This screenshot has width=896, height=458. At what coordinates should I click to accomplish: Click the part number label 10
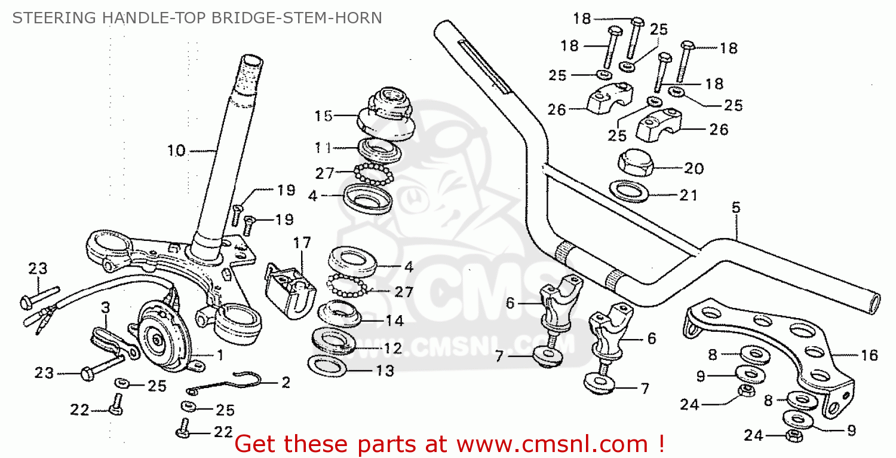pyautogui.click(x=176, y=151)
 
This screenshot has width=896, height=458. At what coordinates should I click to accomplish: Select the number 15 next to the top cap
pyautogui.click(x=323, y=116)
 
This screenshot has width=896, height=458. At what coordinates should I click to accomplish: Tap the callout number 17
pyautogui.click(x=302, y=243)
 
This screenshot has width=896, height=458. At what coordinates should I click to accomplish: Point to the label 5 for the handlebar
pyautogui.click(x=735, y=207)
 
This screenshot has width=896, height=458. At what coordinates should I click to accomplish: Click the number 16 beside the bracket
pyautogui.click(x=870, y=356)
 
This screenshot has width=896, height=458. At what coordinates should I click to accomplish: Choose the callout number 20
pyautogui.click(x=694, y=169)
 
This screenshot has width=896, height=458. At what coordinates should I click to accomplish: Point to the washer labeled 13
pyautogui.click(x=328, y=364)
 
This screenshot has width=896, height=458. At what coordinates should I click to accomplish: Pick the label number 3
pyautogui.click(x=105, y=308)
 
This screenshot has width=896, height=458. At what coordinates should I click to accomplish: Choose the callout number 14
pyautogui.click(x=394, y=320)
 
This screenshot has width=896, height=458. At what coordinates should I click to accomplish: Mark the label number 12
pyautogui.click(x=394, y=347)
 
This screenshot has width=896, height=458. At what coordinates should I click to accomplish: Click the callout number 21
pyautogui.click(x=689, y=196)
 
